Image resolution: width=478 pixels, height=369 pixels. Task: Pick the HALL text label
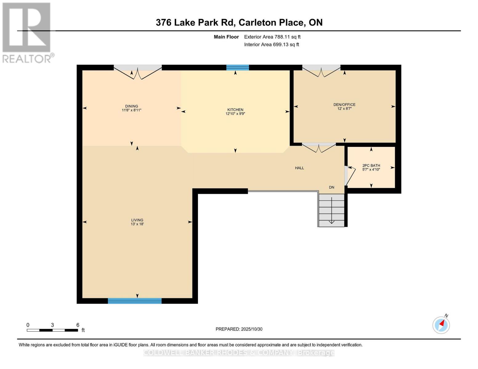(x=299, y=168)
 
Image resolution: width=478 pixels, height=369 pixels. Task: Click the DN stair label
(x=331, y=187)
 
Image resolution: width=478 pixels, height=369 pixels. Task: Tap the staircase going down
(x=331, y=210)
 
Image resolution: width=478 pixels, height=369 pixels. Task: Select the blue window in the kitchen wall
(x=237, y=68)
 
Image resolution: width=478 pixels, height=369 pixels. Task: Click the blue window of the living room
(x=135, y=301)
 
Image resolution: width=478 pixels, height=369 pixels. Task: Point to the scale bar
(x=52, y=330)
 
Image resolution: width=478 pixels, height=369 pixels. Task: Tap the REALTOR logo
(x=26, y=32)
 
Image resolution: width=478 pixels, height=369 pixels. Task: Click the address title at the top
(x=239, y=22)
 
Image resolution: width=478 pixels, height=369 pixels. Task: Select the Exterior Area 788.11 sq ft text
(x=272, y=37)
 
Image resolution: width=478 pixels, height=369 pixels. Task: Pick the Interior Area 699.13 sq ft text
(x=271, y=45)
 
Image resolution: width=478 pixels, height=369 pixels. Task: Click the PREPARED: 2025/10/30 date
(x=239, y=329)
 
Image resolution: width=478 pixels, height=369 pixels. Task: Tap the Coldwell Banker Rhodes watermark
(x=239, y=353)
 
